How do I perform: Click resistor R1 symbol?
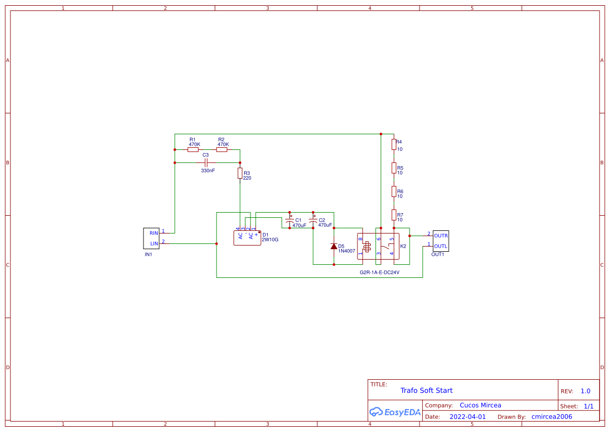point(193,150)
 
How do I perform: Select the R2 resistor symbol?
point(222,150)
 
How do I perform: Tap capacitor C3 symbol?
point(206,163)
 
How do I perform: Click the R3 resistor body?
point(240,173)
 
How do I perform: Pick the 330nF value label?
point(208,171)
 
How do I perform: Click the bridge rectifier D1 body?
point(247,237)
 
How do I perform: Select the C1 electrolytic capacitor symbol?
point(290,223)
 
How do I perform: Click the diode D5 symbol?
point(334,246)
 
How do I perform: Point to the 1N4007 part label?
point(346,251)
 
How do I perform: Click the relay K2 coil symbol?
point(366,246)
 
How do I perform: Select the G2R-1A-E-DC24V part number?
point(380,272)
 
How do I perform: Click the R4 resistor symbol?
point(394,145)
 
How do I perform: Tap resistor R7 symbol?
point(394,215)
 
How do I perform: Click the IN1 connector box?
point(151,238)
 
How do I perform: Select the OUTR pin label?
point(440,236)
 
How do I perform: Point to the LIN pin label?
point(154,243)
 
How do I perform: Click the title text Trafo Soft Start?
point(426,390)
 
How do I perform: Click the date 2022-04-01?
point(468,417)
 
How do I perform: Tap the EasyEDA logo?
point(394,412)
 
